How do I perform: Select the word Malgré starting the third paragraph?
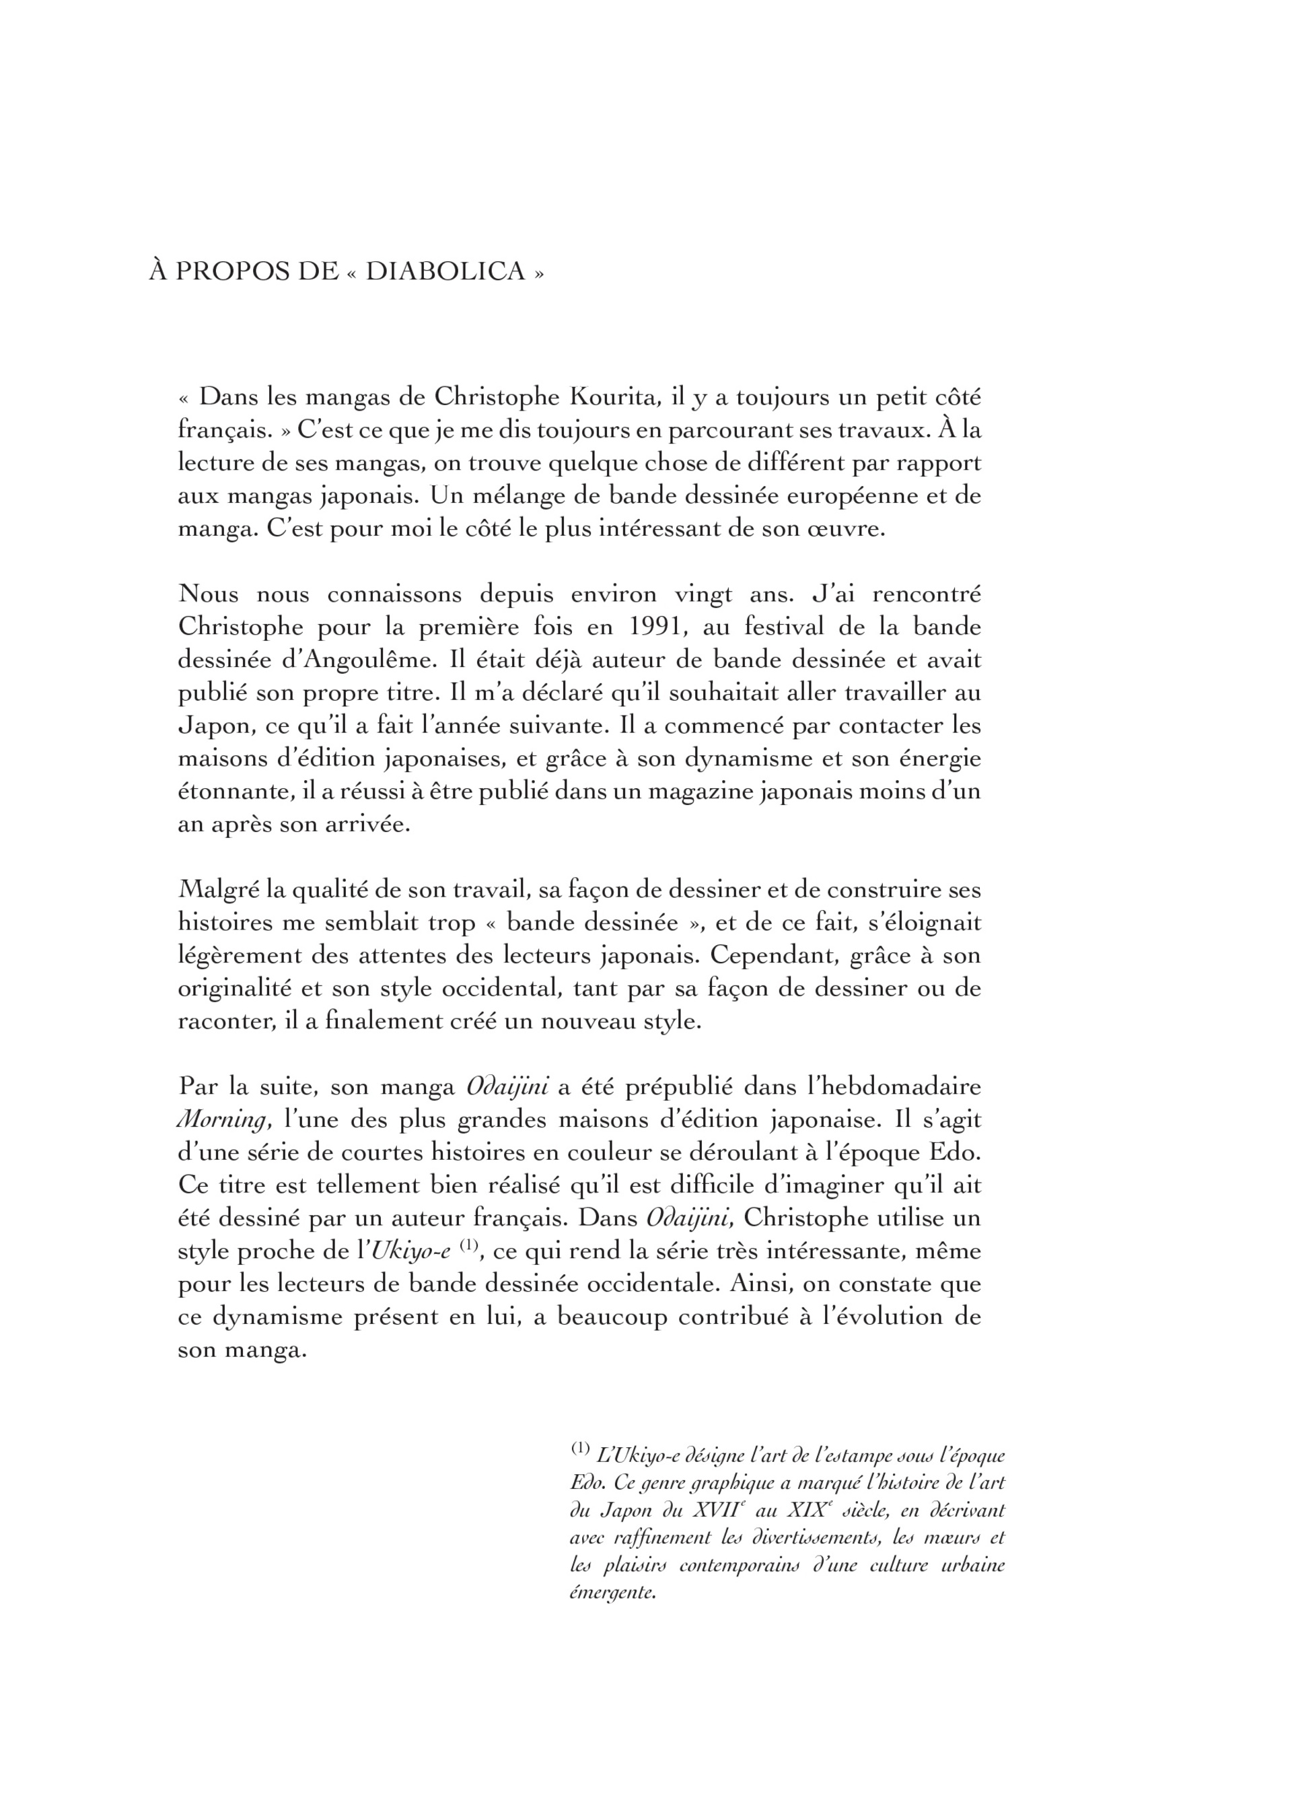[x=217, y=891]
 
